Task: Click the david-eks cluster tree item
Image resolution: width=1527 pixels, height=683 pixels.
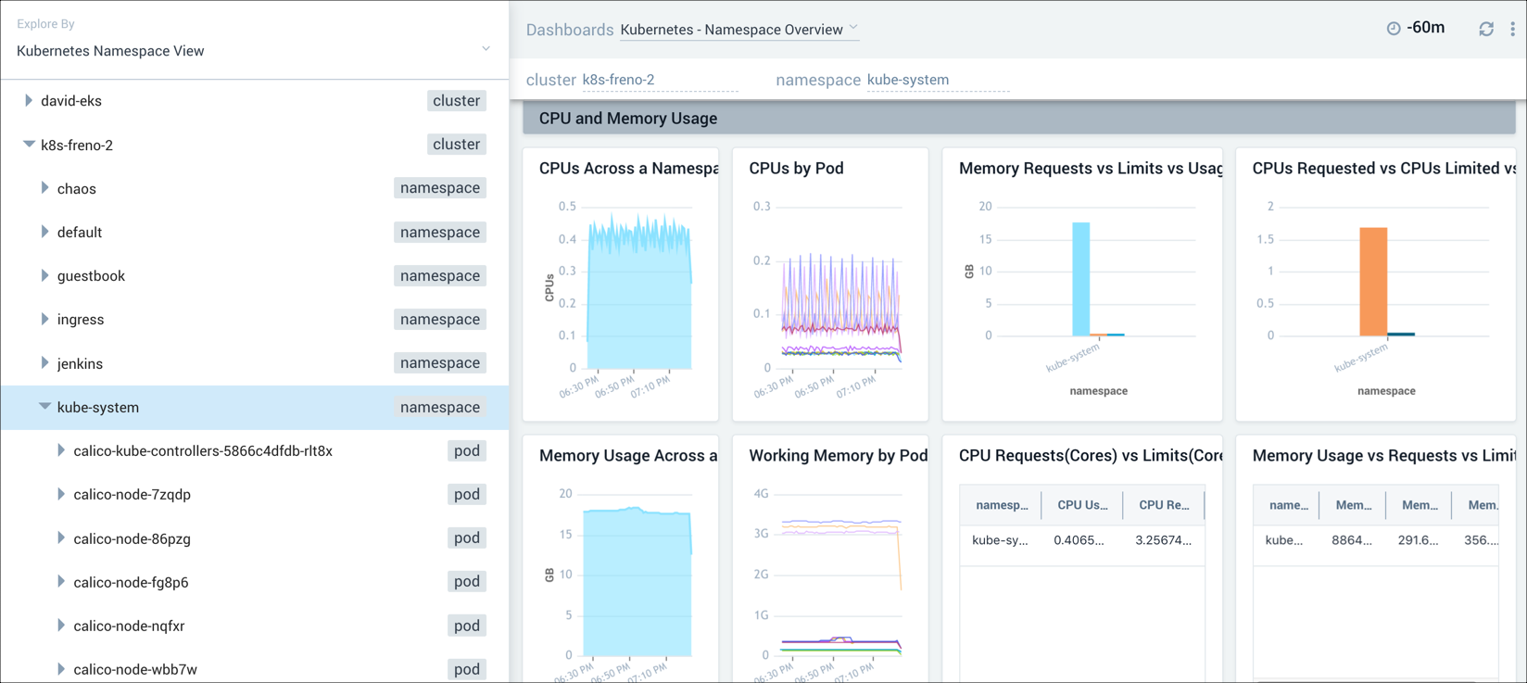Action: pos(71,101)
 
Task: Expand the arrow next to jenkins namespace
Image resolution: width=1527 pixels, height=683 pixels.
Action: pos(44,363)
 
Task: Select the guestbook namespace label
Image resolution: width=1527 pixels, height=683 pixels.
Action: pos(91,276)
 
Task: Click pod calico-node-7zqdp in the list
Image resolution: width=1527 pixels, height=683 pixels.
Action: pos(133,495)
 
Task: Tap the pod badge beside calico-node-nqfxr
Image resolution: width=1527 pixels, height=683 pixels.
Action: pos(466,626)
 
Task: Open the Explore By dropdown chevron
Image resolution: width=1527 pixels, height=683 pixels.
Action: pos(486,49)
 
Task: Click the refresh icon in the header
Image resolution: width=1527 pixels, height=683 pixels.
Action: pos(1486,29)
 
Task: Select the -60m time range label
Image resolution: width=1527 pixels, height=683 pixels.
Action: pos(1425,28)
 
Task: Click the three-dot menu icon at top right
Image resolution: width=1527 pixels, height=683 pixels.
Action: pos(1512,29)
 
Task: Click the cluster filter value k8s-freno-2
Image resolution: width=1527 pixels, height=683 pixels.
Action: pos(618,80)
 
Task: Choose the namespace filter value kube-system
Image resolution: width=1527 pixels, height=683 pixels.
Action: pos(908,80)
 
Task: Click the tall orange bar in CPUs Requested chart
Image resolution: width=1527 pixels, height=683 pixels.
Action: pos(1372,281)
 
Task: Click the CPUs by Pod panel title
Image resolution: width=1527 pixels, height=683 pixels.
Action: pos(796,169)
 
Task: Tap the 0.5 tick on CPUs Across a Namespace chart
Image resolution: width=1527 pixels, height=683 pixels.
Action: pos(567,207)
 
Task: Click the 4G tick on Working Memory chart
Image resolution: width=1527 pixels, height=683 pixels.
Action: pos(761,494)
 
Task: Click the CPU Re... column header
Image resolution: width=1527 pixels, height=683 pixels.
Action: pos(1164,505)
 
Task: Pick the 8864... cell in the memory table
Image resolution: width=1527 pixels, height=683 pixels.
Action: pos(1352,540)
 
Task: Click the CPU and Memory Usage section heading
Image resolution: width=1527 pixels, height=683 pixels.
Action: pos(628,119)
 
